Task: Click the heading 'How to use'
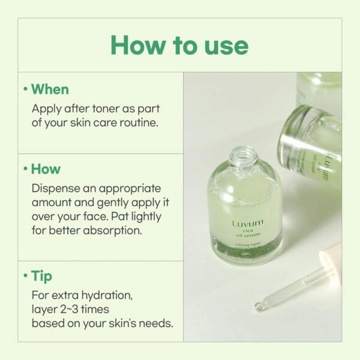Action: [x=179, y=46]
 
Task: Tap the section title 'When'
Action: [x=50, y=89]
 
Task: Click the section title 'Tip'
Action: [x=41, y=276]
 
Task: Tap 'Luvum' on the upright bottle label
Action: [x=247, y=224]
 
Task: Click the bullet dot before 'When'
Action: [x=25, y=89]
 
